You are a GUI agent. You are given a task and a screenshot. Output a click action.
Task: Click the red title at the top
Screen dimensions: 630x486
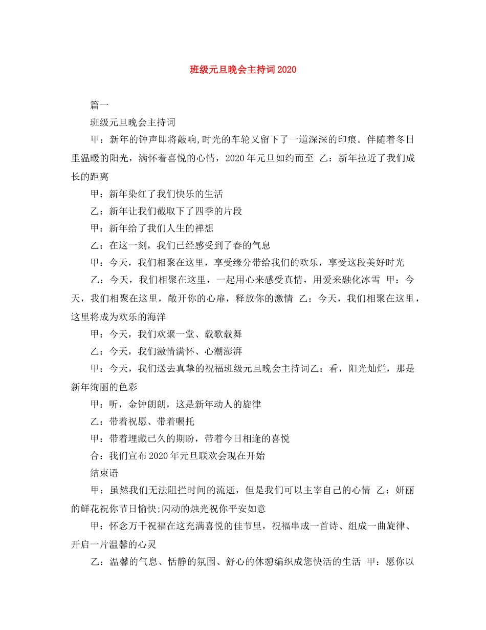[x=243, y=69]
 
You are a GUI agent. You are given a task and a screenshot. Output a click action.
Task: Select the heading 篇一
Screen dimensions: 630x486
[x=99, y=106]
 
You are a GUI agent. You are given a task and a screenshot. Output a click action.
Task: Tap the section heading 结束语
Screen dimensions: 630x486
[x=104, y=473]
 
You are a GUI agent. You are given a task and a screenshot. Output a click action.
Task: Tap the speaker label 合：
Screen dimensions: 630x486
[x=99, y=455]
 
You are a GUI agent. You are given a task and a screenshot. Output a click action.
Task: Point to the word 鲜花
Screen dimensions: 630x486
[x=90, y=508]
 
